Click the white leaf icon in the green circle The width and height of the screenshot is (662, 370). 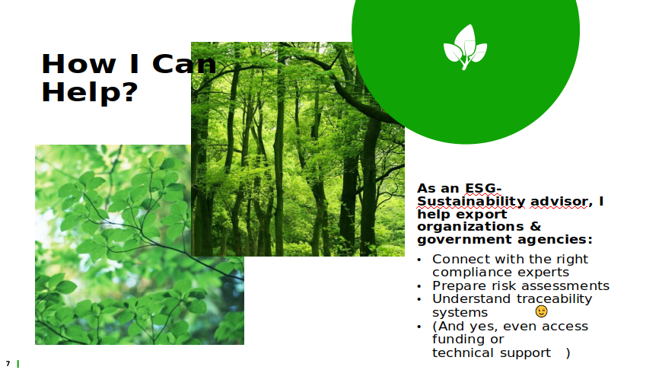point(465,47)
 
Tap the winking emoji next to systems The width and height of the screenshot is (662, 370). point(541,311)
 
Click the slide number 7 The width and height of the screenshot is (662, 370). point(8,363)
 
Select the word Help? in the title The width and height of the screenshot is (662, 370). point(90,92)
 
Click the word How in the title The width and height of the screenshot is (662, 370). point(79,64)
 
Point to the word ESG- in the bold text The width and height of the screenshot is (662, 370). point(483,188)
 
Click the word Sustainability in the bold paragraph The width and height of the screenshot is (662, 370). point(471,202)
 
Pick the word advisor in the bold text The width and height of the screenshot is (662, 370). point(559,202)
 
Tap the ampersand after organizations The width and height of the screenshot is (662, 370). point(536,226)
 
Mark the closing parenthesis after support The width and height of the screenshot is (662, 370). point(568,352)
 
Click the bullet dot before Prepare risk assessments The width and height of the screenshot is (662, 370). point(419,286)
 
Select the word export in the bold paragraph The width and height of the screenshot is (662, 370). point(482,215)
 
